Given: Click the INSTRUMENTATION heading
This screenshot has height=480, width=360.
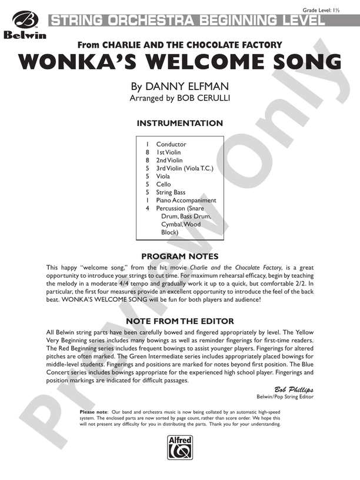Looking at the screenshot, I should (179, 124).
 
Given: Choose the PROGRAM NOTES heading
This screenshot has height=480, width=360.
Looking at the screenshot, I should (180, 256).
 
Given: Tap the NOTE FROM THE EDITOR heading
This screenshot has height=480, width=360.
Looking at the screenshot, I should (180, 321).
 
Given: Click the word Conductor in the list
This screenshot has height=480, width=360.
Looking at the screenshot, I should (171, 144).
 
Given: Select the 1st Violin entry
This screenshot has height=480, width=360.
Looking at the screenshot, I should (169, 152).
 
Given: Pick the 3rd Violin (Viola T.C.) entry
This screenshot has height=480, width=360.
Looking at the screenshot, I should (185, 168).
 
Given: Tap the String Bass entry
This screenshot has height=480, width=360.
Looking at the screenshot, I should (171, 192).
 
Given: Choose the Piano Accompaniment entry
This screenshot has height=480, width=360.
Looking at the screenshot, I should (186, 200).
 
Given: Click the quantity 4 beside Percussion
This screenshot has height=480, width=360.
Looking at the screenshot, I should (148, 208).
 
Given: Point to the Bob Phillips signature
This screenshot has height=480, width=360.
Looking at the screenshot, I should (294, 389).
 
